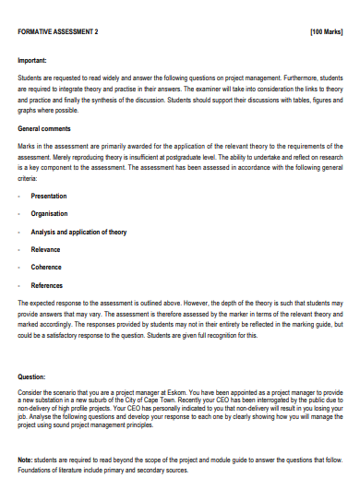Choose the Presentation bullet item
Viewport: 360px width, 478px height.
50,197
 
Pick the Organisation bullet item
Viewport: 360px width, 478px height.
49,214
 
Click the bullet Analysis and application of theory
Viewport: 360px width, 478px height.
78,233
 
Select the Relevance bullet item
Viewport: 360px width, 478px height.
46,250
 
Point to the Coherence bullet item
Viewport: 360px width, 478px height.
47,268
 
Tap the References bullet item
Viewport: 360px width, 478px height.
47,286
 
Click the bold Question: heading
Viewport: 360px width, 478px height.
32,376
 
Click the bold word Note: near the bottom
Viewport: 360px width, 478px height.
26,460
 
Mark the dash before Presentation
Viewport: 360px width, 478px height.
20,197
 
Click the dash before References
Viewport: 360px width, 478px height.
20,286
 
